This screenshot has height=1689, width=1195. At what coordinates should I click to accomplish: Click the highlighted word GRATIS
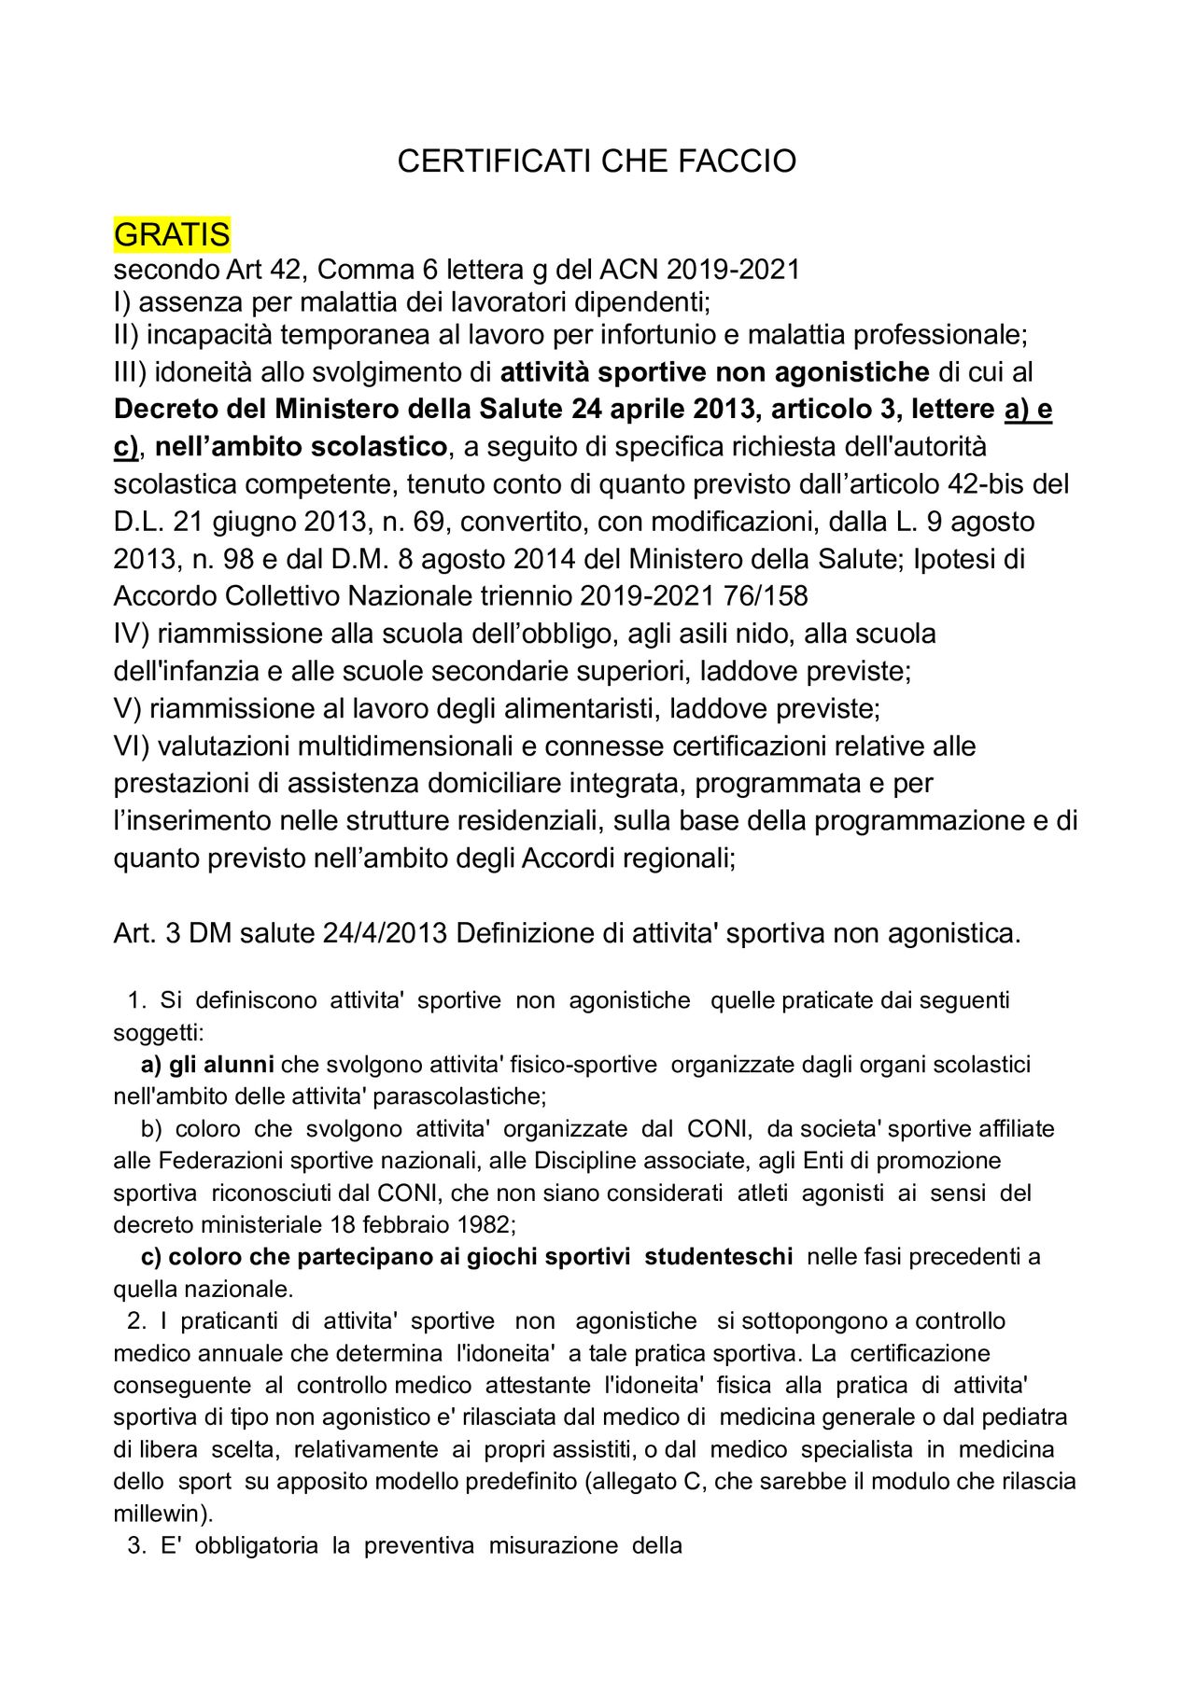pos(172,234)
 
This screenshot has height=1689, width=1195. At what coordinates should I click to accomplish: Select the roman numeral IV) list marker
pos(132,635)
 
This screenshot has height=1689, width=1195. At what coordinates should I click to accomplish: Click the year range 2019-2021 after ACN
pos(734,270)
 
